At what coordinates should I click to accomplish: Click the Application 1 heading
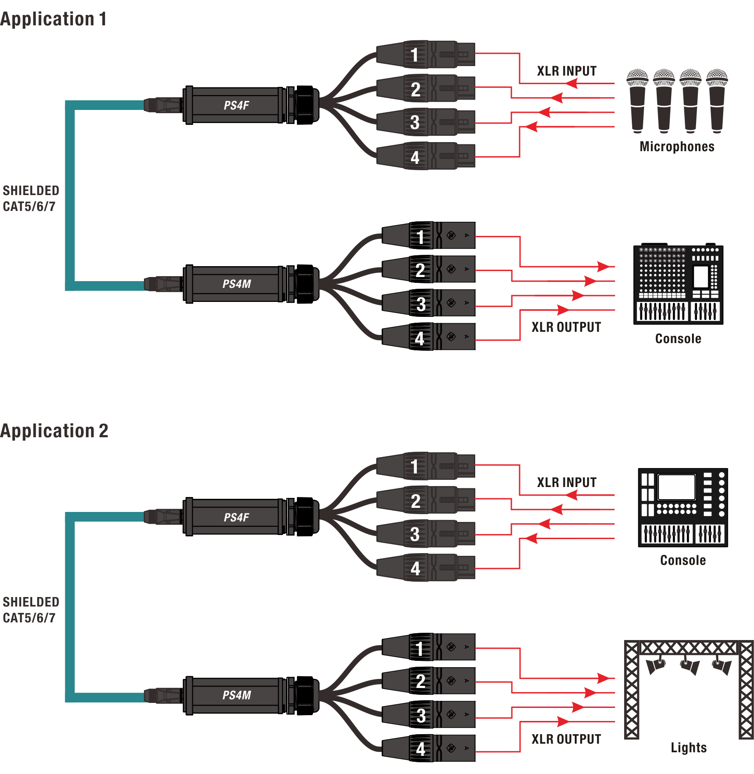53,19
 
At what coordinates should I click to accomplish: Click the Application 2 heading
54,431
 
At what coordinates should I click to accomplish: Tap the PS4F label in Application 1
236,105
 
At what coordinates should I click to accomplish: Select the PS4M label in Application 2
236,695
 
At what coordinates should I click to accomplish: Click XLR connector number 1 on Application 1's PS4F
425,54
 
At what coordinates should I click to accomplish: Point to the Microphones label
677,147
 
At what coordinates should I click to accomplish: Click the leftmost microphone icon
637,101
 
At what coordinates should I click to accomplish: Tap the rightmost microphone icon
717,101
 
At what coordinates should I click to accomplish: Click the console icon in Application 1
678,284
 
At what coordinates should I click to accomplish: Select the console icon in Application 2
683,507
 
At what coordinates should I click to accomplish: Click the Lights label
688,748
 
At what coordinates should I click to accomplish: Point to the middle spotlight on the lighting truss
689,665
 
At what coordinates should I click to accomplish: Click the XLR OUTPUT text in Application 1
566,327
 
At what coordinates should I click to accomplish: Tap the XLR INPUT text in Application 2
567,483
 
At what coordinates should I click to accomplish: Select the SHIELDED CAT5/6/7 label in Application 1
31,198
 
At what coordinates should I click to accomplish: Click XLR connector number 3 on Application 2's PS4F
425,534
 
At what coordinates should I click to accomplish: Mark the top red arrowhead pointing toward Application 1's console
603,266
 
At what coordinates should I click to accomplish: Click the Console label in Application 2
683,560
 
